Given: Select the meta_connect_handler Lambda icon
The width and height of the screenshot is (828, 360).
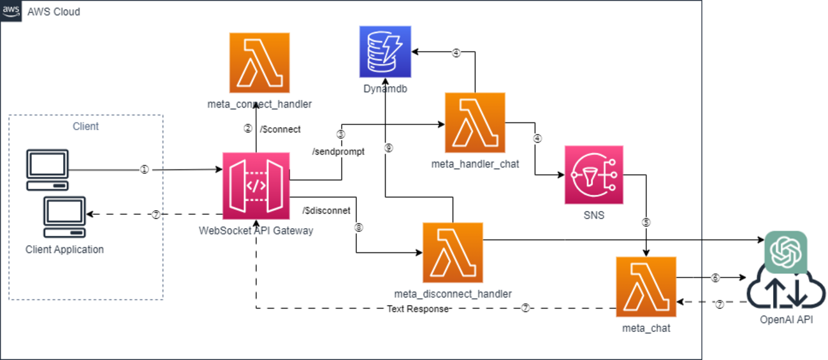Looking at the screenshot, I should [x=259, y=63].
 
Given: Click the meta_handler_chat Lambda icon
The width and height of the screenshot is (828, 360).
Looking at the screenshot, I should [x=475, y=123].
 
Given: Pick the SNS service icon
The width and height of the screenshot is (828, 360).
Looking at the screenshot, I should [x=593, y=175].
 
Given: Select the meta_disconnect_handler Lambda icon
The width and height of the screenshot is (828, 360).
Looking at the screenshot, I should [x=453, y=253].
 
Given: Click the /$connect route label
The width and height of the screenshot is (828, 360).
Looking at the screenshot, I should [x=280, y=129].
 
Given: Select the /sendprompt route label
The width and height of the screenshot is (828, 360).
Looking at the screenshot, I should [x=338, y=152].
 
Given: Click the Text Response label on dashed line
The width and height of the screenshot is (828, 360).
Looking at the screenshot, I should [x=418, y=309].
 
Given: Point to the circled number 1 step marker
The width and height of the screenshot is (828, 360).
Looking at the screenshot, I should [x=144, y=169].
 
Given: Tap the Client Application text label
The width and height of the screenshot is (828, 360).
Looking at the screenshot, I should [x=64, y=249].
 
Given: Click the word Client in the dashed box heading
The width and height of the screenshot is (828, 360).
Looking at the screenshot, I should [x=85, y=126].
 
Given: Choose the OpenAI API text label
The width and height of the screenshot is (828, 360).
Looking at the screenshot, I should [x=787, y=320].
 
